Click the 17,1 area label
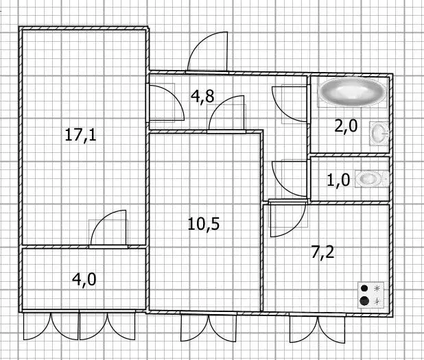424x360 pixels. (80, 135)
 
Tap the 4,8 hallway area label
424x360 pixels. (202, 96)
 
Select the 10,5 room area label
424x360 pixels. (204, 224)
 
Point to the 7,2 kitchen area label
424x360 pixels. (323, 252)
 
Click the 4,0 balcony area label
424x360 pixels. (84, 280)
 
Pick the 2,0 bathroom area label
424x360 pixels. (346, 126)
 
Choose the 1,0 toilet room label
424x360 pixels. (338, 180)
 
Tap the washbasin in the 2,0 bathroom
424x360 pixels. (379, 133)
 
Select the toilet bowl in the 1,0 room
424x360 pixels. (372, 179)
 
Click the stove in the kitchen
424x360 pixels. (371, 295)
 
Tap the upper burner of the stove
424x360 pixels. (364, 289)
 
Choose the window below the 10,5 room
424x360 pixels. (209, 326)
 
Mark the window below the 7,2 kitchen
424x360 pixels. (317, 328)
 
